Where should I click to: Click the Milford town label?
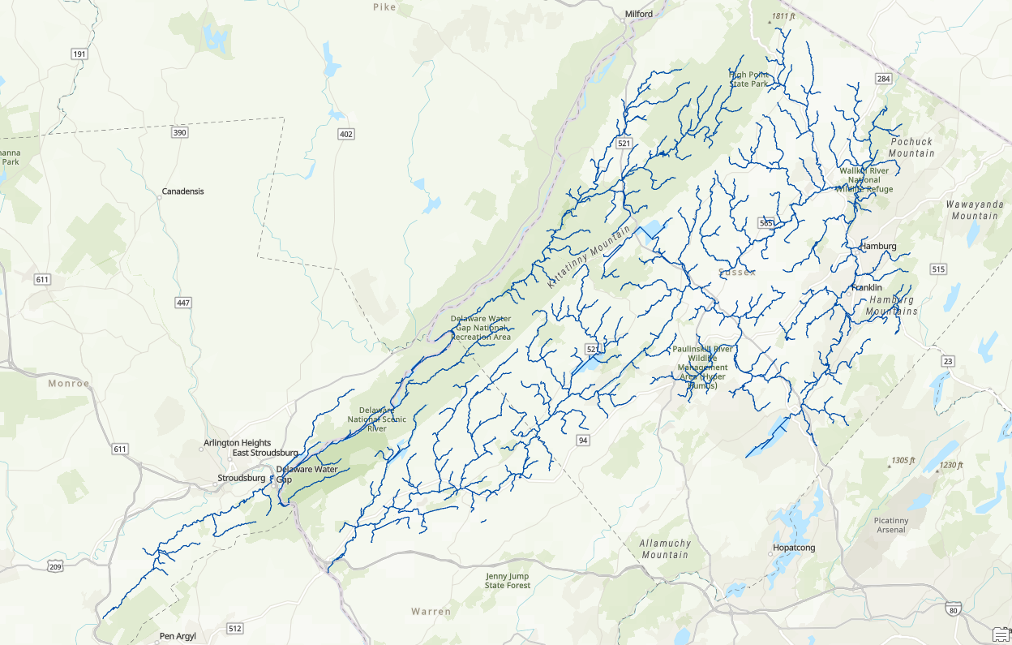638,14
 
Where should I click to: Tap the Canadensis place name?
182,191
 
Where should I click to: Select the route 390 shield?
179,132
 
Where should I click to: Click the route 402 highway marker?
346,134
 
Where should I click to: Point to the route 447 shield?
183,303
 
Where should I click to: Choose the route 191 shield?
79,54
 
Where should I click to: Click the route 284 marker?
883,79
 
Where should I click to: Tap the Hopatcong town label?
792,548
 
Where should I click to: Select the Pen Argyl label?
178,636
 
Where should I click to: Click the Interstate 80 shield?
954,610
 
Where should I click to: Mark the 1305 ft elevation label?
903,460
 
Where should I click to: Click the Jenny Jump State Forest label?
508,580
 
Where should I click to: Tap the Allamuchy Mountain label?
663,548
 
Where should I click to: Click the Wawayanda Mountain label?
974,210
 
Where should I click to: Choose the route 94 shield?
582,440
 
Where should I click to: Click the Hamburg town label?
878,246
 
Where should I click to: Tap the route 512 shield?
235,628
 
